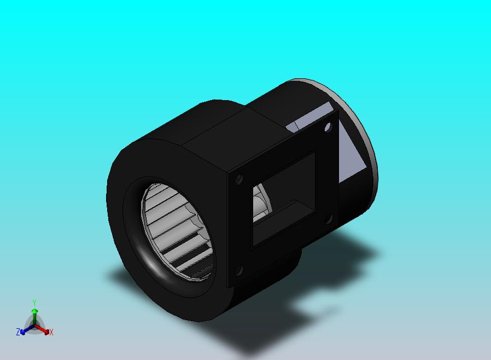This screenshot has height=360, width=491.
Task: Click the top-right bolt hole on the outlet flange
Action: coord(328,127)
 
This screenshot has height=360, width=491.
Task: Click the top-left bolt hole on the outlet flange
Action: coord(239,179)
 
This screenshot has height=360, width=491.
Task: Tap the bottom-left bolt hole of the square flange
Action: coord(239,270)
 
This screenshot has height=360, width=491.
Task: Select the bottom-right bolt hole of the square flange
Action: coord(329,219)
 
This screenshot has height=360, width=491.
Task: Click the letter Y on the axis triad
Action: coord(34,303)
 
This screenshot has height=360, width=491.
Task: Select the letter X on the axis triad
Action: coord(51,332)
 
